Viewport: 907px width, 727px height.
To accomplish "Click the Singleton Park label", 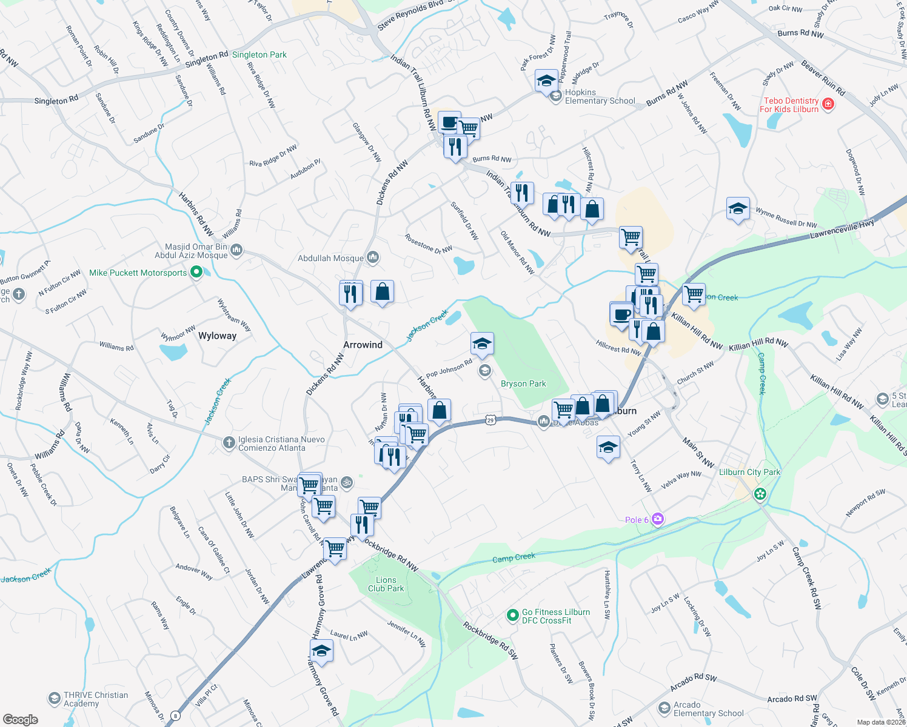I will [259, 55].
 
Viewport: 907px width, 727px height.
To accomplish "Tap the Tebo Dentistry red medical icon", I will [828, 105].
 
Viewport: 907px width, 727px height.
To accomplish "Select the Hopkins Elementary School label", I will [600, 97].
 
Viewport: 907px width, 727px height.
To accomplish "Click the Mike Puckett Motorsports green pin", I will [196, 273].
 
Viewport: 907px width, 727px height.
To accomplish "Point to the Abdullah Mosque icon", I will [373, 258].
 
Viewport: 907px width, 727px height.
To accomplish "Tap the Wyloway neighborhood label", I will [217, 336].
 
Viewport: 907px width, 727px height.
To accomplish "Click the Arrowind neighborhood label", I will [363, 345].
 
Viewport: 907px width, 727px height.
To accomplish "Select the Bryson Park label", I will [523, 383].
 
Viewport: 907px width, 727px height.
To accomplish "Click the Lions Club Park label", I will [386, 584].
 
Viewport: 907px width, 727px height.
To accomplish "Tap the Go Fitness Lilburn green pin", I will [512, 616].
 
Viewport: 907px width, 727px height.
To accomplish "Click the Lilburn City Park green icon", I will [760, 494].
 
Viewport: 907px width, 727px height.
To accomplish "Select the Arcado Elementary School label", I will [708, 709].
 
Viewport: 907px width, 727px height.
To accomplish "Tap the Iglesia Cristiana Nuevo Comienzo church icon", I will [229, 443].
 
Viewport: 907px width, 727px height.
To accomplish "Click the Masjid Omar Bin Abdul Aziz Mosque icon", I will [236, 250].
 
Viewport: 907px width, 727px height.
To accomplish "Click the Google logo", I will [21, 719].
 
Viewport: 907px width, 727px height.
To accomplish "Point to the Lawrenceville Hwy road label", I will [842, 229].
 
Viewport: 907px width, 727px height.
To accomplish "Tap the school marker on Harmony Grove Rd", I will [321, 651].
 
